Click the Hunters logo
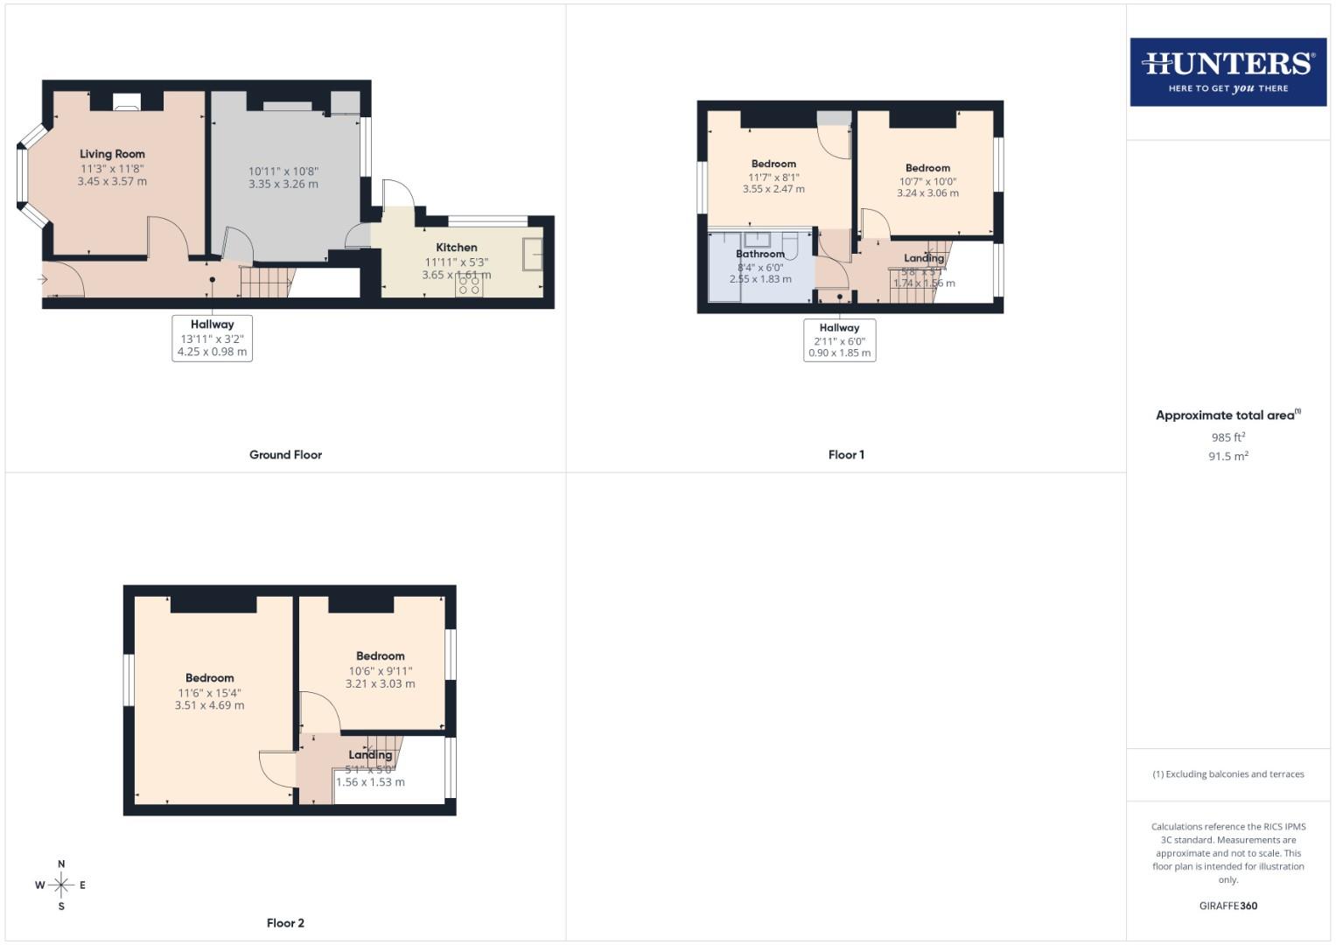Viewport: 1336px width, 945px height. [1228, 71]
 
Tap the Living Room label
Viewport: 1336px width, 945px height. [112, 154]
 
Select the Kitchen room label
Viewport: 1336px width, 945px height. [457, 248]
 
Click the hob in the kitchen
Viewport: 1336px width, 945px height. [469, 285]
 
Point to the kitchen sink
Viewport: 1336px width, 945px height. [532, 254]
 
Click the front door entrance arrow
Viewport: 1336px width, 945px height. [42, 279]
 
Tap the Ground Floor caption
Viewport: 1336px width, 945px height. [285, 455]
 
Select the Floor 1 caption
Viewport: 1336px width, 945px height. [846, 455]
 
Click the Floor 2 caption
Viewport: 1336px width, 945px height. [285, 923]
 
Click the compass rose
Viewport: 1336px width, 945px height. [61, 885]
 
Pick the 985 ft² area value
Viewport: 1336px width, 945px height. [1228, 437]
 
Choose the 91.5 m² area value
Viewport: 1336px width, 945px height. [1228, 457]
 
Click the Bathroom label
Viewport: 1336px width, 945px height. [759, 254]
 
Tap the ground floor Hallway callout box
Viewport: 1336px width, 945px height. [212, 338]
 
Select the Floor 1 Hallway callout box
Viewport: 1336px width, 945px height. [839, 339]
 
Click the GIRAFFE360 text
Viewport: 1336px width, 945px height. [1228, 906]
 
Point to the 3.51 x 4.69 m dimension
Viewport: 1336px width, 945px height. [209, 705]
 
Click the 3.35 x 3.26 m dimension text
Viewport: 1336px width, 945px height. [283, 185]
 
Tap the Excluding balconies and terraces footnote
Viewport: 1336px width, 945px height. [1228, 774]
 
